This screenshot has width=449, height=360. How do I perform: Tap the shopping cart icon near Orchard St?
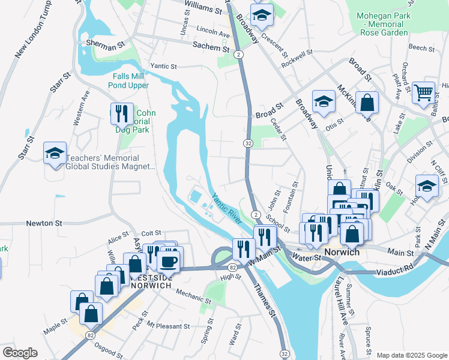pos(424,93)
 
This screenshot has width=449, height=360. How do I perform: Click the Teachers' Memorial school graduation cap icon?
pos(55,153)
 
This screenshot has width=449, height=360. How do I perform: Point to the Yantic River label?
pos(226,208)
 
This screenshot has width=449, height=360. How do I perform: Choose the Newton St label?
pos(44,223)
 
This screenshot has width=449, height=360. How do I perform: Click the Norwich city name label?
pos(341,252)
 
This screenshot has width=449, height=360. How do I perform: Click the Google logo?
pos(19,353)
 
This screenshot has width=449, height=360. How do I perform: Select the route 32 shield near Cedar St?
pos(248,143)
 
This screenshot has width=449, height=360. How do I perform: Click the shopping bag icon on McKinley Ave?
pos(366,101)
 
